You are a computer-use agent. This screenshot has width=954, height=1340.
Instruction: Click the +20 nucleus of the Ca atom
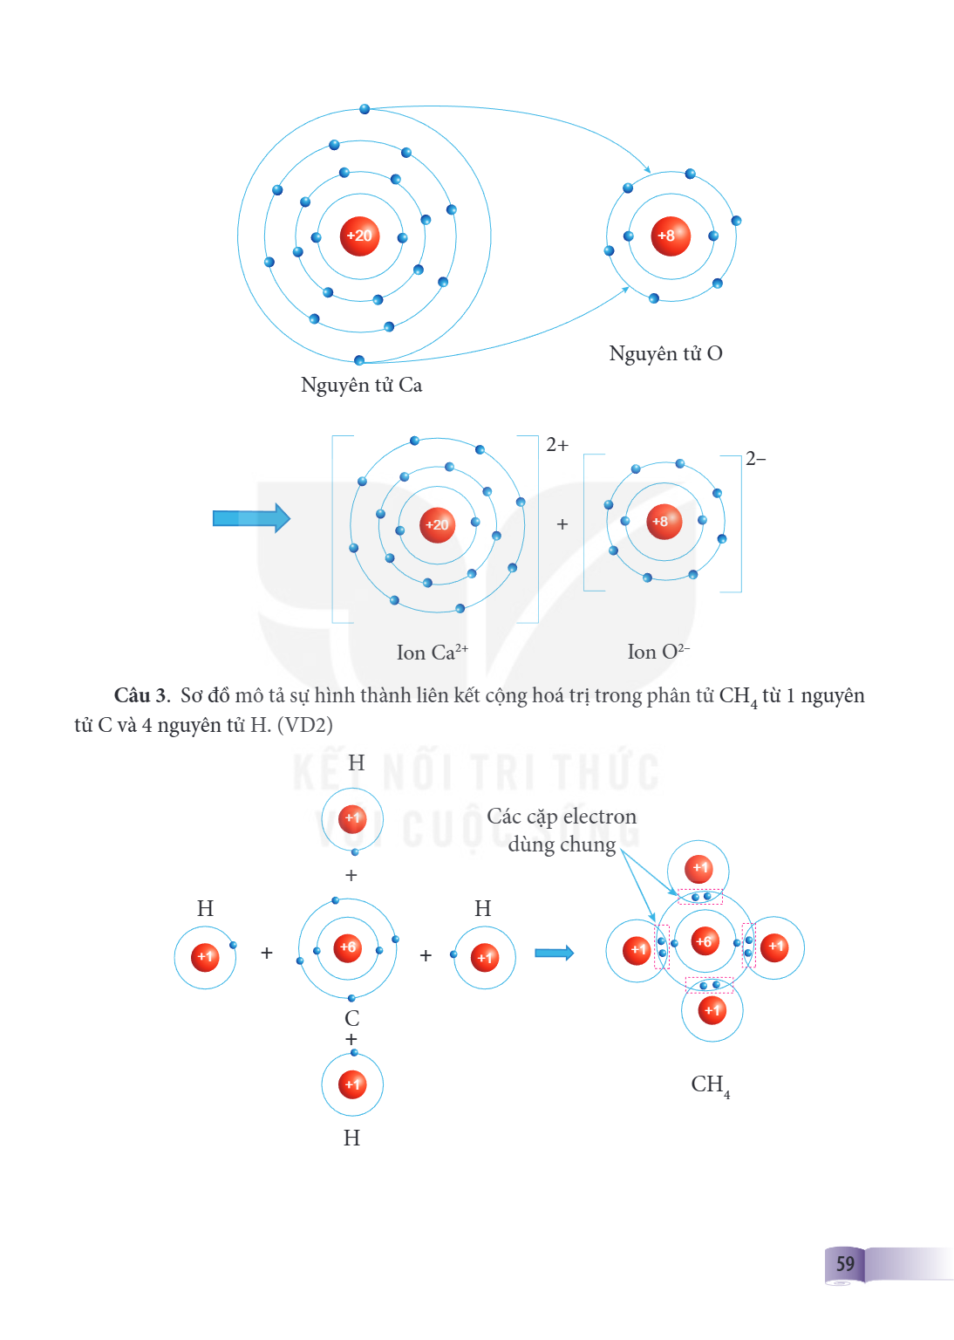359,236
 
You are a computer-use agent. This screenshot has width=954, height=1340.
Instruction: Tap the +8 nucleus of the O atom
671,236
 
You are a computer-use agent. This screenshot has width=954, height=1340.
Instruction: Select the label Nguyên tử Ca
361,386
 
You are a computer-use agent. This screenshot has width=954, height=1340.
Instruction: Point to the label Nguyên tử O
665,354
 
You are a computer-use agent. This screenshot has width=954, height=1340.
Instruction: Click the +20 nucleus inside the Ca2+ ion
437,525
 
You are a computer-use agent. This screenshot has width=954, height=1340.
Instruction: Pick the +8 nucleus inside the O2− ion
664,522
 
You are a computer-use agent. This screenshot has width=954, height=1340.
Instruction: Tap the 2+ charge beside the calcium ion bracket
557,445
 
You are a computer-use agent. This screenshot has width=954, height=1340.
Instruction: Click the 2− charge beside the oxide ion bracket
755,459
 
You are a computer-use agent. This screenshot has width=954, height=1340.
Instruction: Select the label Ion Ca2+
432,652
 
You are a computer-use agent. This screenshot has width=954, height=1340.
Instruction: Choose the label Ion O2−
658,651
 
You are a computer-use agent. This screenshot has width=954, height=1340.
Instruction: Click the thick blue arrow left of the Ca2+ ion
252,518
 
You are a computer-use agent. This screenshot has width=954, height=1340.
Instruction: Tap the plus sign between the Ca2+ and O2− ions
562,524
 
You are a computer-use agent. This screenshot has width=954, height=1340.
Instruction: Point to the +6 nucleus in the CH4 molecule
705,942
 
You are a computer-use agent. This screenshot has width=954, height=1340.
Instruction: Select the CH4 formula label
711,1085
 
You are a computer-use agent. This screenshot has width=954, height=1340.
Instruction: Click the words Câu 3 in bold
142,695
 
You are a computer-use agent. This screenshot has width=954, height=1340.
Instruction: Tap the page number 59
845,1264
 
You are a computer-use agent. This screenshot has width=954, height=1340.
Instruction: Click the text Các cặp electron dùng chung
562,831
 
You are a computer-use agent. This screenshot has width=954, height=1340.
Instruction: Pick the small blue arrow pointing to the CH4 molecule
555,953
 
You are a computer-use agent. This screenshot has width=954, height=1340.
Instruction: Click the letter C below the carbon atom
351,1018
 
